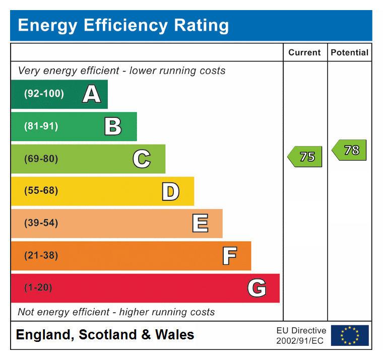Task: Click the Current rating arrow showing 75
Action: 305,157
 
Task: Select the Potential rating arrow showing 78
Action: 350,150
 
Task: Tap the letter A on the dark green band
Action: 91,94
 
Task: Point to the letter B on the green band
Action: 113,126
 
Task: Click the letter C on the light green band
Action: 142,159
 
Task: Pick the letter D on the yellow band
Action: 170,191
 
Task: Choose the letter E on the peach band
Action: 200,223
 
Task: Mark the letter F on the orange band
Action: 229,255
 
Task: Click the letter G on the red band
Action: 257,288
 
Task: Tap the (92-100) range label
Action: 44,94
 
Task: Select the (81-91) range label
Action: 41,126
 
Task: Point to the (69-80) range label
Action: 41,159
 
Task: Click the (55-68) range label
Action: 41,191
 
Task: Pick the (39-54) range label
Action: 41,223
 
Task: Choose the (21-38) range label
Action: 41,255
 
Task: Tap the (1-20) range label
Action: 38,288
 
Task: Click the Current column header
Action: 304,52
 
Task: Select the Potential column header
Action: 349,52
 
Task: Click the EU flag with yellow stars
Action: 350,335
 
